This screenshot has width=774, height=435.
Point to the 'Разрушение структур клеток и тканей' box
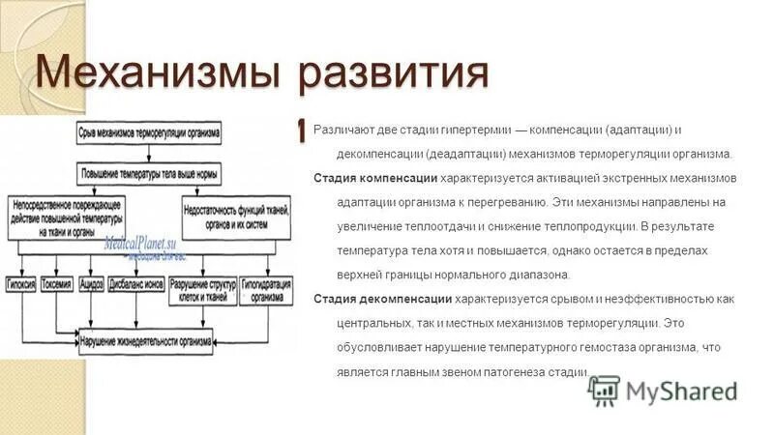[201, 291]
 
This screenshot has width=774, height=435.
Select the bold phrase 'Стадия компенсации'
[375, 179]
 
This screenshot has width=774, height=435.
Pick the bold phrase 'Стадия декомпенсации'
[382, 300]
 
